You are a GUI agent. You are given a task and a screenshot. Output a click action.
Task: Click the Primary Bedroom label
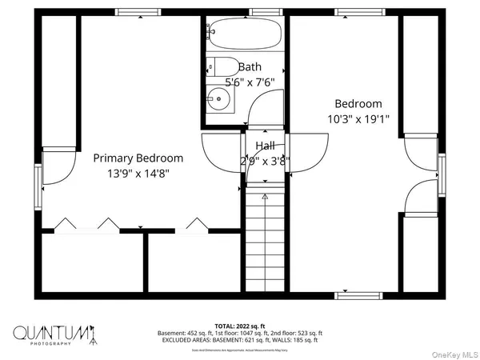point(138,158)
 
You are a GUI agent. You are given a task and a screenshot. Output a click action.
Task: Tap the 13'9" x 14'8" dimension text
point(138,172)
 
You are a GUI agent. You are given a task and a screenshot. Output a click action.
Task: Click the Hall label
point(266,146)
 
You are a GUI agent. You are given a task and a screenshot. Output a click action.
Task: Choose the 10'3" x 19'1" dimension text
point(358,119)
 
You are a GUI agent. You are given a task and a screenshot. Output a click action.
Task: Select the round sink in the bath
point(218,99)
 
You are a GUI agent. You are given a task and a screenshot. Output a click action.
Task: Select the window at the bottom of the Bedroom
point(358,295)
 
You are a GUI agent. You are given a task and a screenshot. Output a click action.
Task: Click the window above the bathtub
point(266,12)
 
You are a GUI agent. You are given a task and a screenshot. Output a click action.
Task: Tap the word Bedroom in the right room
point(358,104)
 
